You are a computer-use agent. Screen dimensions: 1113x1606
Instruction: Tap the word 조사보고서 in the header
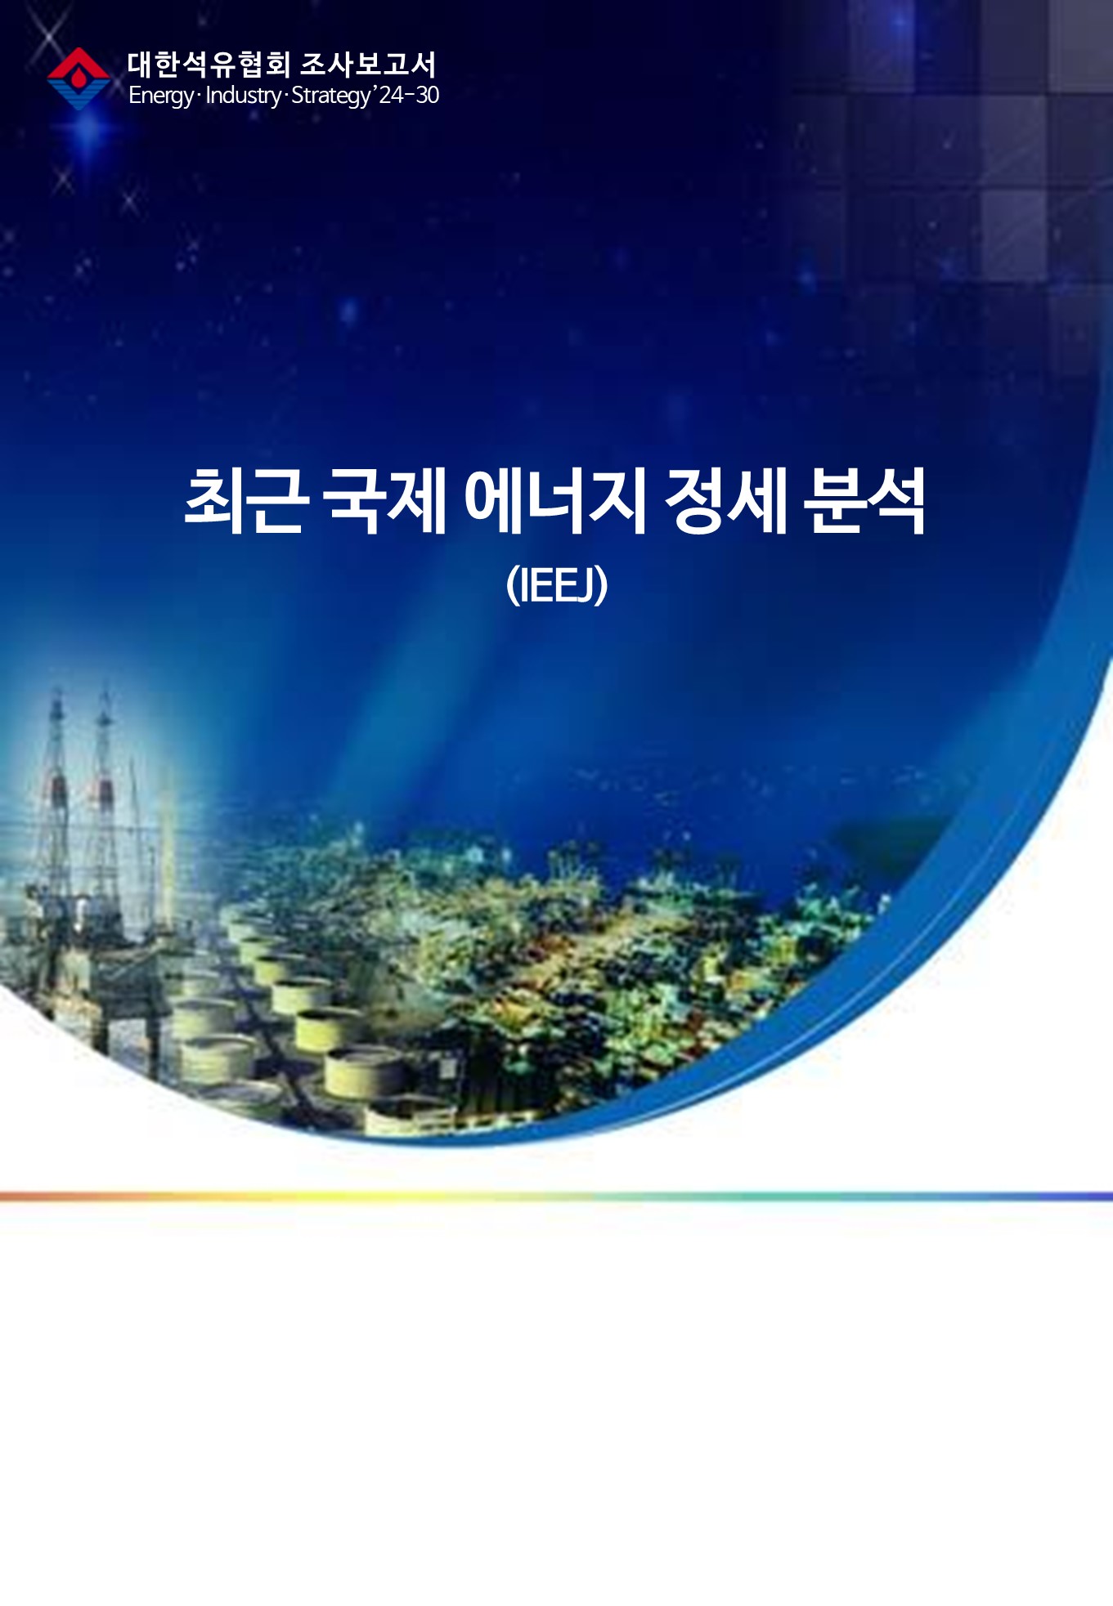pyautogui.click(x=368, y=65)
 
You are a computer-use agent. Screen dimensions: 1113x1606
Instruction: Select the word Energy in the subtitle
pyautogui.click(x=161, y=96)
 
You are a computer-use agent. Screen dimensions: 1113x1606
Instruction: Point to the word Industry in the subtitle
pyautogui.click(x=243, y=96)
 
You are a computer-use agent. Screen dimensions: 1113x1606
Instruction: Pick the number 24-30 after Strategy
pyautogui.click(x=409, y=95)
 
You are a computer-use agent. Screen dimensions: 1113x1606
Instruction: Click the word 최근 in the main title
pyautogui.click(x=246, y=500)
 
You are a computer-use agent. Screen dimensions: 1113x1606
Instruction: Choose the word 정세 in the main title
pyautogui.click(x=725, y=500)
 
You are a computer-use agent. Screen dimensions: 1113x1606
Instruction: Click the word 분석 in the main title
pyautogui.click(x=864, y=500)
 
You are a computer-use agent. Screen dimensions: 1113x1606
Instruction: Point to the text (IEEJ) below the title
pyautogui.click(x=557, y=584)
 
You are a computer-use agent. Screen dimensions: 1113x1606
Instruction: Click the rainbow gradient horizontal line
pyautogui.click(x=556, y=1197)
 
